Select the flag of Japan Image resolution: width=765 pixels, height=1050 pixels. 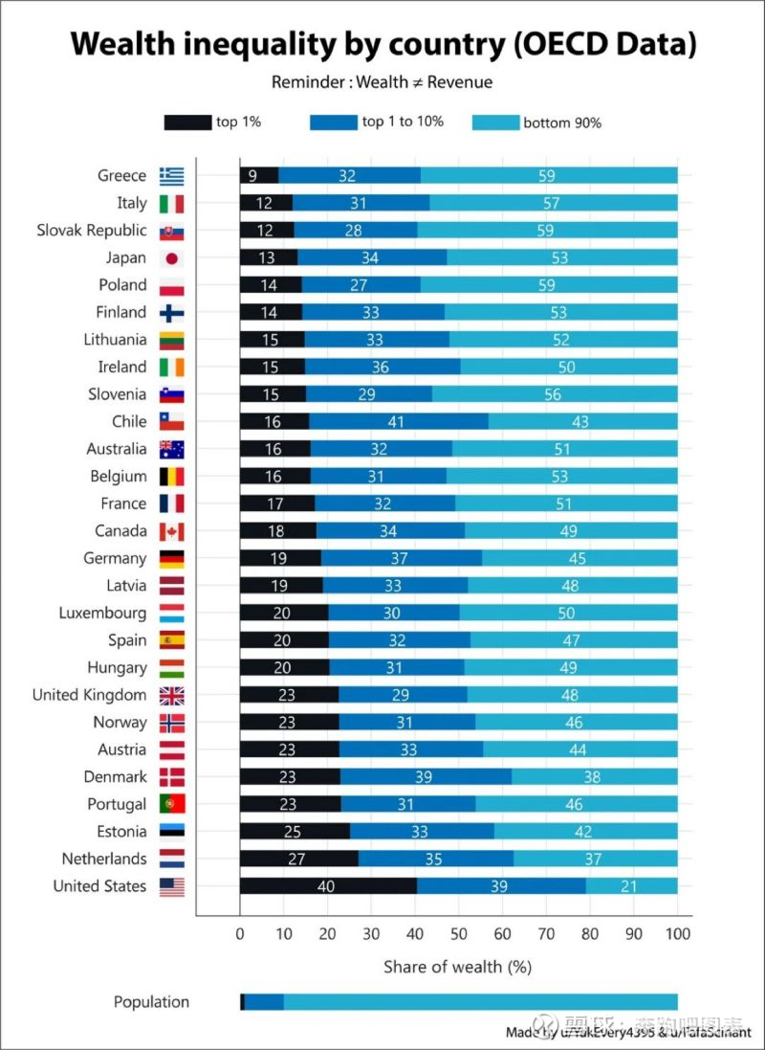(172, 257)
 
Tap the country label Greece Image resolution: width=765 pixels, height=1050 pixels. (121, 175)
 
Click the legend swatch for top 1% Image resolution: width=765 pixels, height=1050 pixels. (187, 123)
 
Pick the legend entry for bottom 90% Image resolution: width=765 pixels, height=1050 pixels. (561, 123)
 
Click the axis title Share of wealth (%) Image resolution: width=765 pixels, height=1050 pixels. (457, 967)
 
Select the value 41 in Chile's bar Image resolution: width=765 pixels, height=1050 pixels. (398, 421)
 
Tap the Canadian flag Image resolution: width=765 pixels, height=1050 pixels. (172, 531)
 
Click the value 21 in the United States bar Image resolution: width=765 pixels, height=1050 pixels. (629, 886)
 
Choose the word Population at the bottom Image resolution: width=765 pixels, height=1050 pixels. (151, 1001)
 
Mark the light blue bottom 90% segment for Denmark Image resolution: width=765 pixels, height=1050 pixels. (594, 777)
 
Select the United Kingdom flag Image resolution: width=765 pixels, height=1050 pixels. (172, 696)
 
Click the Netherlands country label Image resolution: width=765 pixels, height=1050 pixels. (104, 859)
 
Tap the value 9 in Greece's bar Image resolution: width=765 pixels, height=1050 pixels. (252, 175)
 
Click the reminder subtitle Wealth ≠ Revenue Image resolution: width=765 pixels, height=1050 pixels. (382, 82)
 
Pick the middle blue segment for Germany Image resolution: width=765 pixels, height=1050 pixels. (401, 558)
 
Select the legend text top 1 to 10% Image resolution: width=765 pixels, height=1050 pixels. (403, 122)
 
